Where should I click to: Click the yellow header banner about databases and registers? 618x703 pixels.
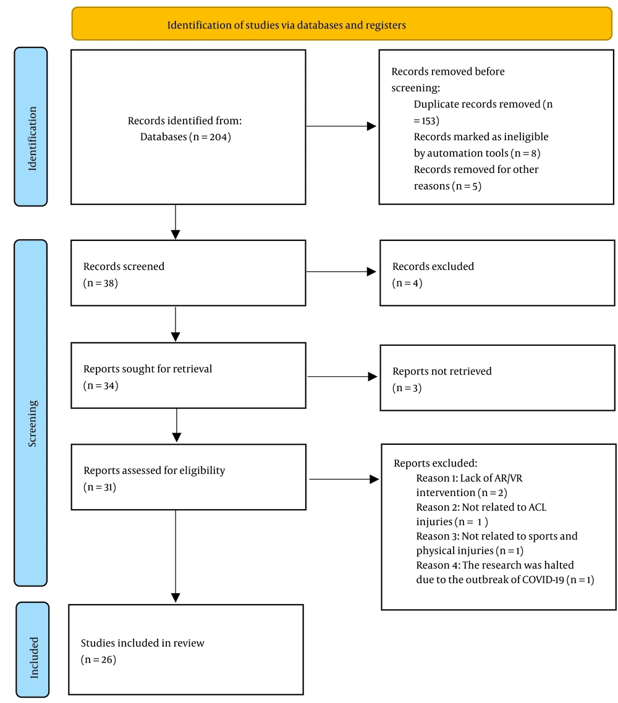342,23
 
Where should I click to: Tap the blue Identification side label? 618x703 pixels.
31,127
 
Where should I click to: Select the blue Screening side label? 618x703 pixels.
31,413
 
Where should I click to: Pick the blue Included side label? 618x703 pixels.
33,650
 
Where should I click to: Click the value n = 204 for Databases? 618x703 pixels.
210,137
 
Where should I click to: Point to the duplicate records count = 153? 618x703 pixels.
426,120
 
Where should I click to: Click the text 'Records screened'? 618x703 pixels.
124,266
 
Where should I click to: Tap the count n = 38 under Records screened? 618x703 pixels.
101,283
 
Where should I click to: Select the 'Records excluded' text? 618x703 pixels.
433,266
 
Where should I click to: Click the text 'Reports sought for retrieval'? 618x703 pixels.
148,369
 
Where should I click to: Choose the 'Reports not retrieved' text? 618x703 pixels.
442,371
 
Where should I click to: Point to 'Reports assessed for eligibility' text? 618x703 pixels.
154,470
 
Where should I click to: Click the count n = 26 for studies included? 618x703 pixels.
99,660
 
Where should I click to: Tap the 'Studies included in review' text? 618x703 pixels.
142,643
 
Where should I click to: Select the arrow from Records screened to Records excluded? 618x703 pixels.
341,272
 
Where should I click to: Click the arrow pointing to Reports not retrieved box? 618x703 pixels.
342,377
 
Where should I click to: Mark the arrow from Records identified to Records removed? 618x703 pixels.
341,126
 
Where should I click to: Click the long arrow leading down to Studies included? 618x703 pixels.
176,556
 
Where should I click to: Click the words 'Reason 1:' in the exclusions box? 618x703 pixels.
437,478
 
